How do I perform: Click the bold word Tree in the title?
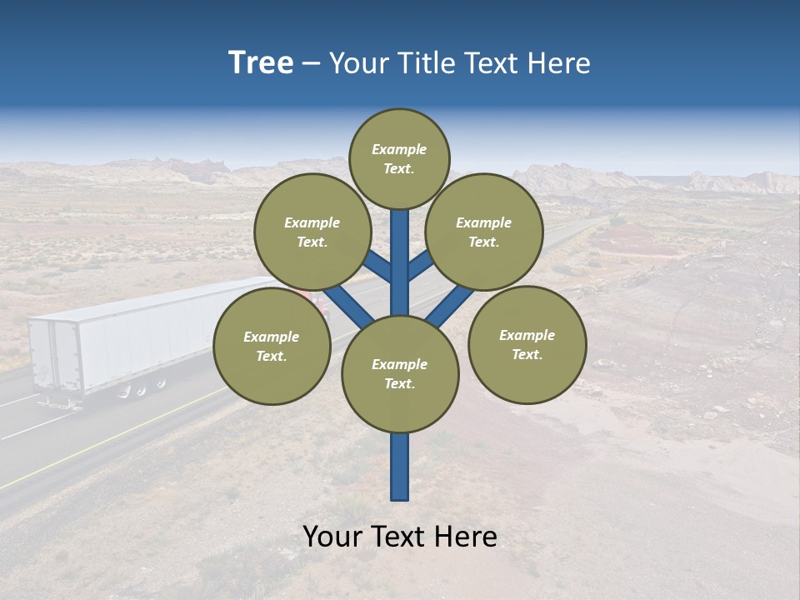[x=261, y=63]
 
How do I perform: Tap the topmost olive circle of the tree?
[x=399, y=158]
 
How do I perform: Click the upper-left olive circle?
[x=312, y=232]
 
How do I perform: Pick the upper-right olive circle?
[x=484, y=232]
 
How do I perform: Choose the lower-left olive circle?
[x=272, y=346]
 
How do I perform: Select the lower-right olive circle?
[x=527, y=344]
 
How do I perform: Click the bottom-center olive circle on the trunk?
[x=400, y=374]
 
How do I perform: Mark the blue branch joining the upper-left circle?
[x=378, y=267]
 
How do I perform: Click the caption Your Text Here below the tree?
[x=400, y=537]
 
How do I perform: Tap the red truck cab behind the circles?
[x=321, y=302]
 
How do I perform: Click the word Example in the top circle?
[x=399, y=149]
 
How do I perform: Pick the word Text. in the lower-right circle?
[x=527, y=354]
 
